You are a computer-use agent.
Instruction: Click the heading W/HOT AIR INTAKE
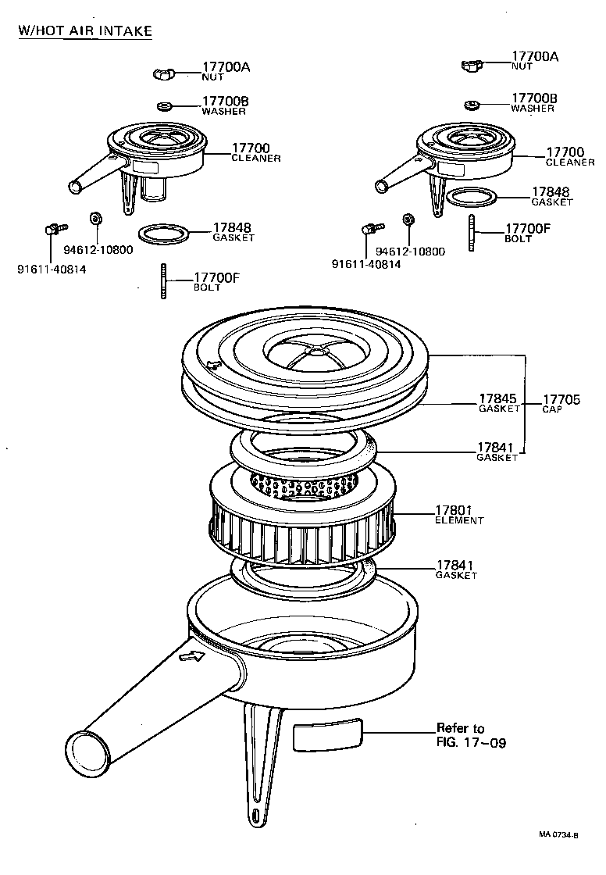pyautogui.click(x=84, y=30)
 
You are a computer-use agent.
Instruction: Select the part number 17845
pyautogui.click(x=497, y=398)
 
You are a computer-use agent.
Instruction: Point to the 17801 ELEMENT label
pyautogui.click(x=458, y=514)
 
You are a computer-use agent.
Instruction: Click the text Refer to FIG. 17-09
pyautogui.click(x=471, y=735)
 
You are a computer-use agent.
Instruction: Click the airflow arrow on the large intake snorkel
pyautogui.click(x=191, y=657)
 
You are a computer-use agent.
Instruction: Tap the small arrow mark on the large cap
pyautogui.click(x=212, y=364)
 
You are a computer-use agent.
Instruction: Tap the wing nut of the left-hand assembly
pyautogui.click(x=165, y=74)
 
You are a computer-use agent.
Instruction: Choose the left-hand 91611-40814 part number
pyautogui.click(x=52, y=270)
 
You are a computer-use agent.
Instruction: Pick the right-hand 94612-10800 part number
pyautogui.click(x=410, y=252)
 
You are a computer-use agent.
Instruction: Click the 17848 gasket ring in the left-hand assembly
pyautogui.click(x=163, y=233)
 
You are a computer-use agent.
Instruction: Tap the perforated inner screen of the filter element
pyautogui.click(x=301, y=487)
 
